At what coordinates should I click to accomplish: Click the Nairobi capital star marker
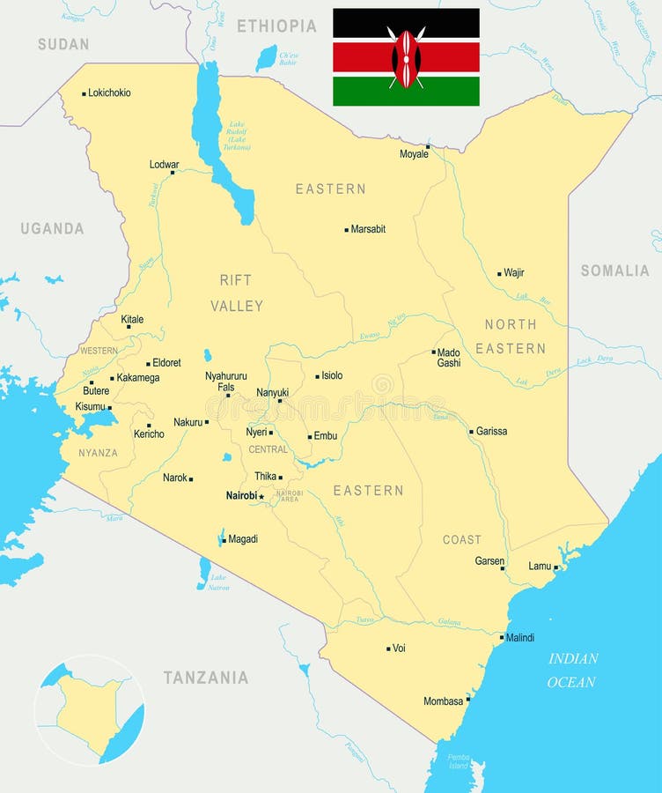tap(261, 497)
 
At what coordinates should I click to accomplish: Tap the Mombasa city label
tap(443, 701)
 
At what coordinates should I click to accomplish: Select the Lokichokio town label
tap(109, 93)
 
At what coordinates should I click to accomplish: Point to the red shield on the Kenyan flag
tap(406, 58)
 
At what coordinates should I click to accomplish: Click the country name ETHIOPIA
tap(276, 26)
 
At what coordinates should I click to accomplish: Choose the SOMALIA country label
tap(614, 271)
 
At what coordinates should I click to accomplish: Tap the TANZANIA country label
tap(205, 678)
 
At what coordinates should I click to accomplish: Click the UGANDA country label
tap(52, 228)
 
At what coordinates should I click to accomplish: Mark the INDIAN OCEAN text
tap(572, 670)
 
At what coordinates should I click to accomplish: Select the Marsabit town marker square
tap(347, 230)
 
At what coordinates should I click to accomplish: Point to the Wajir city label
tap(513, 273)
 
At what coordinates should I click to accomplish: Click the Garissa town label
tap(491, 432)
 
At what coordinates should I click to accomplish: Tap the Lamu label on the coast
tap(540, 566)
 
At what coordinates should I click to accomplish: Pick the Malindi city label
tap(519, 637)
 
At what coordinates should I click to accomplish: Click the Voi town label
tap(399, 648)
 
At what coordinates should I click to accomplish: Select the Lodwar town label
tap(164, 165)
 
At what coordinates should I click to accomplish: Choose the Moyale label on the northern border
tap(414, 154)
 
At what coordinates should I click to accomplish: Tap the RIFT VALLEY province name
tap(236, 293)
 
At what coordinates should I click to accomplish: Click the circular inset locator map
tap(89, 710)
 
